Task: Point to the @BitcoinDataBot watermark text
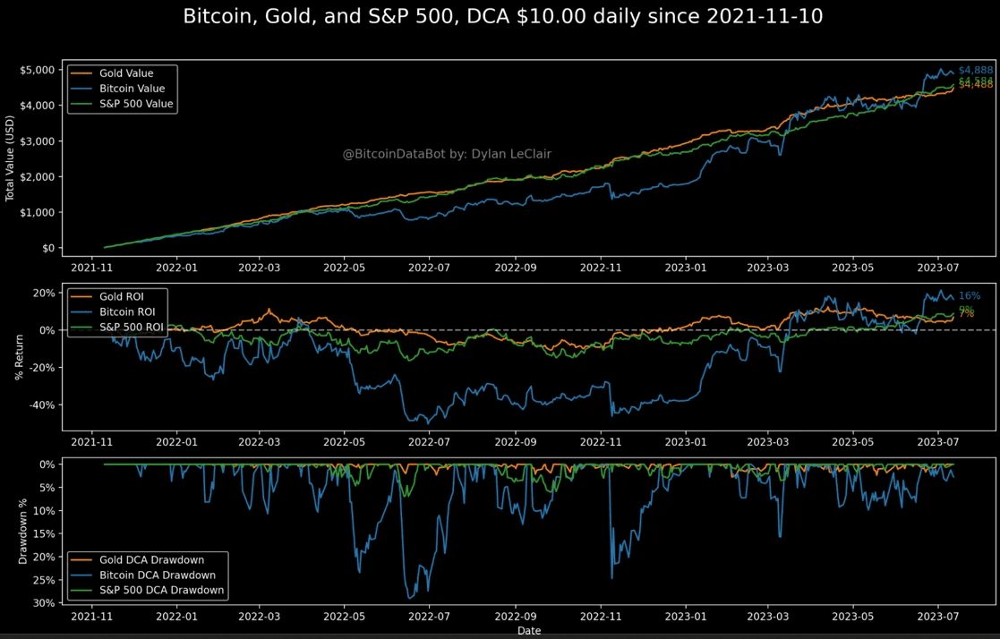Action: (x=447, y=154)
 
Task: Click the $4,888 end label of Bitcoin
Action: (x=975, y=70)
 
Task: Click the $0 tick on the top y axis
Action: (x=47, y=248)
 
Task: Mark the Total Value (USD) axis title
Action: (x=11, y=158)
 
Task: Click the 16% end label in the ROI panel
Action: (x=969, y=295)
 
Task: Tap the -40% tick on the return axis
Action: (x=41, y=405)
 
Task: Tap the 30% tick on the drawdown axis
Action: (x=44, y=603)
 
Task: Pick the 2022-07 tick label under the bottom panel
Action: (x=431, y=617)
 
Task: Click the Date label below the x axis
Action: (x=528, y=631)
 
